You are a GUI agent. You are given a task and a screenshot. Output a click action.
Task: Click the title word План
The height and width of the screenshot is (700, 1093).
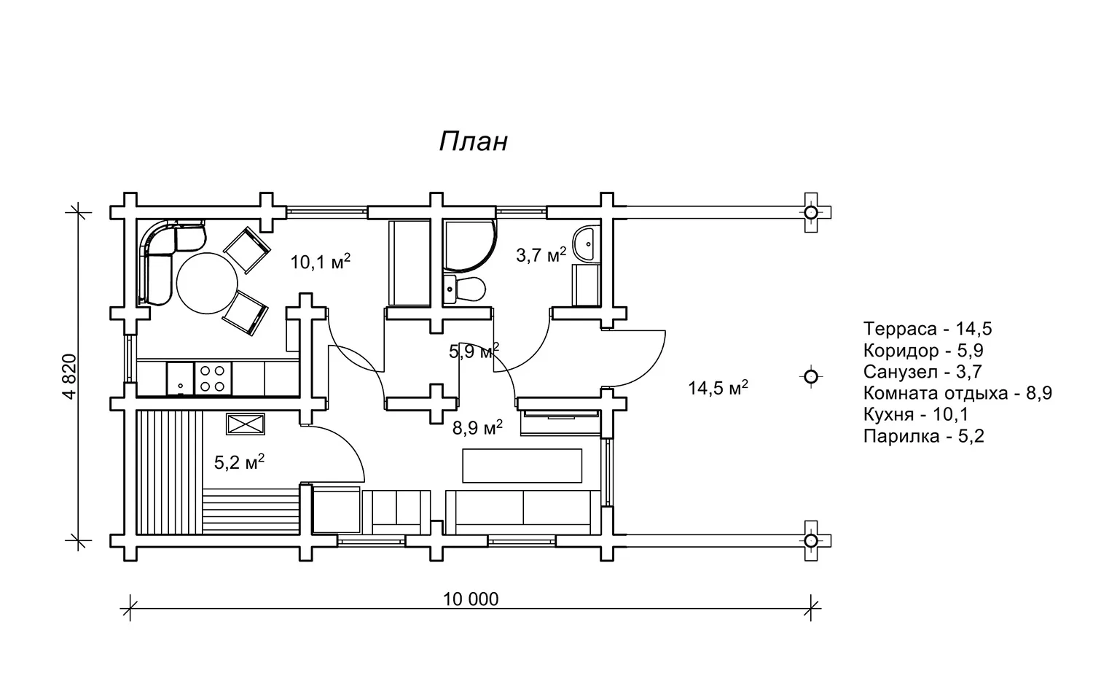coord(474,141)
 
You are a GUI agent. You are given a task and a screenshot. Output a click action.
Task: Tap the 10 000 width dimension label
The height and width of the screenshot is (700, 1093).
coord(471,599)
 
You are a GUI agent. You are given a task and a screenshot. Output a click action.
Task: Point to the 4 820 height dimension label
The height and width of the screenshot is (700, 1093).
coord(70,376)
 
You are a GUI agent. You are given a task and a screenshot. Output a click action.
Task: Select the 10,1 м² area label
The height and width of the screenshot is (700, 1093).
coord(321,262)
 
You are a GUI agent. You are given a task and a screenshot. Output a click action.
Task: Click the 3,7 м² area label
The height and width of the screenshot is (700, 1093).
coord(541,254)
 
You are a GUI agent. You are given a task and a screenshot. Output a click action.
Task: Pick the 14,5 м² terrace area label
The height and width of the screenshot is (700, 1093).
coord(718,388)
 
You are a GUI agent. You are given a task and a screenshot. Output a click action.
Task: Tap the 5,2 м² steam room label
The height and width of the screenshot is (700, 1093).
coord(239,462)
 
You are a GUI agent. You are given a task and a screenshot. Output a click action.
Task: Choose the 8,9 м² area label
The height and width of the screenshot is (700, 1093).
coord(477,428)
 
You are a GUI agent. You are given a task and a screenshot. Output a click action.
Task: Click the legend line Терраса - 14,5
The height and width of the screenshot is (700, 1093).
coord(928,329)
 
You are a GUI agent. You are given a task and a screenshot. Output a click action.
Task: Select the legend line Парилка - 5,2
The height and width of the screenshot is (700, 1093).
coord(924,436)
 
